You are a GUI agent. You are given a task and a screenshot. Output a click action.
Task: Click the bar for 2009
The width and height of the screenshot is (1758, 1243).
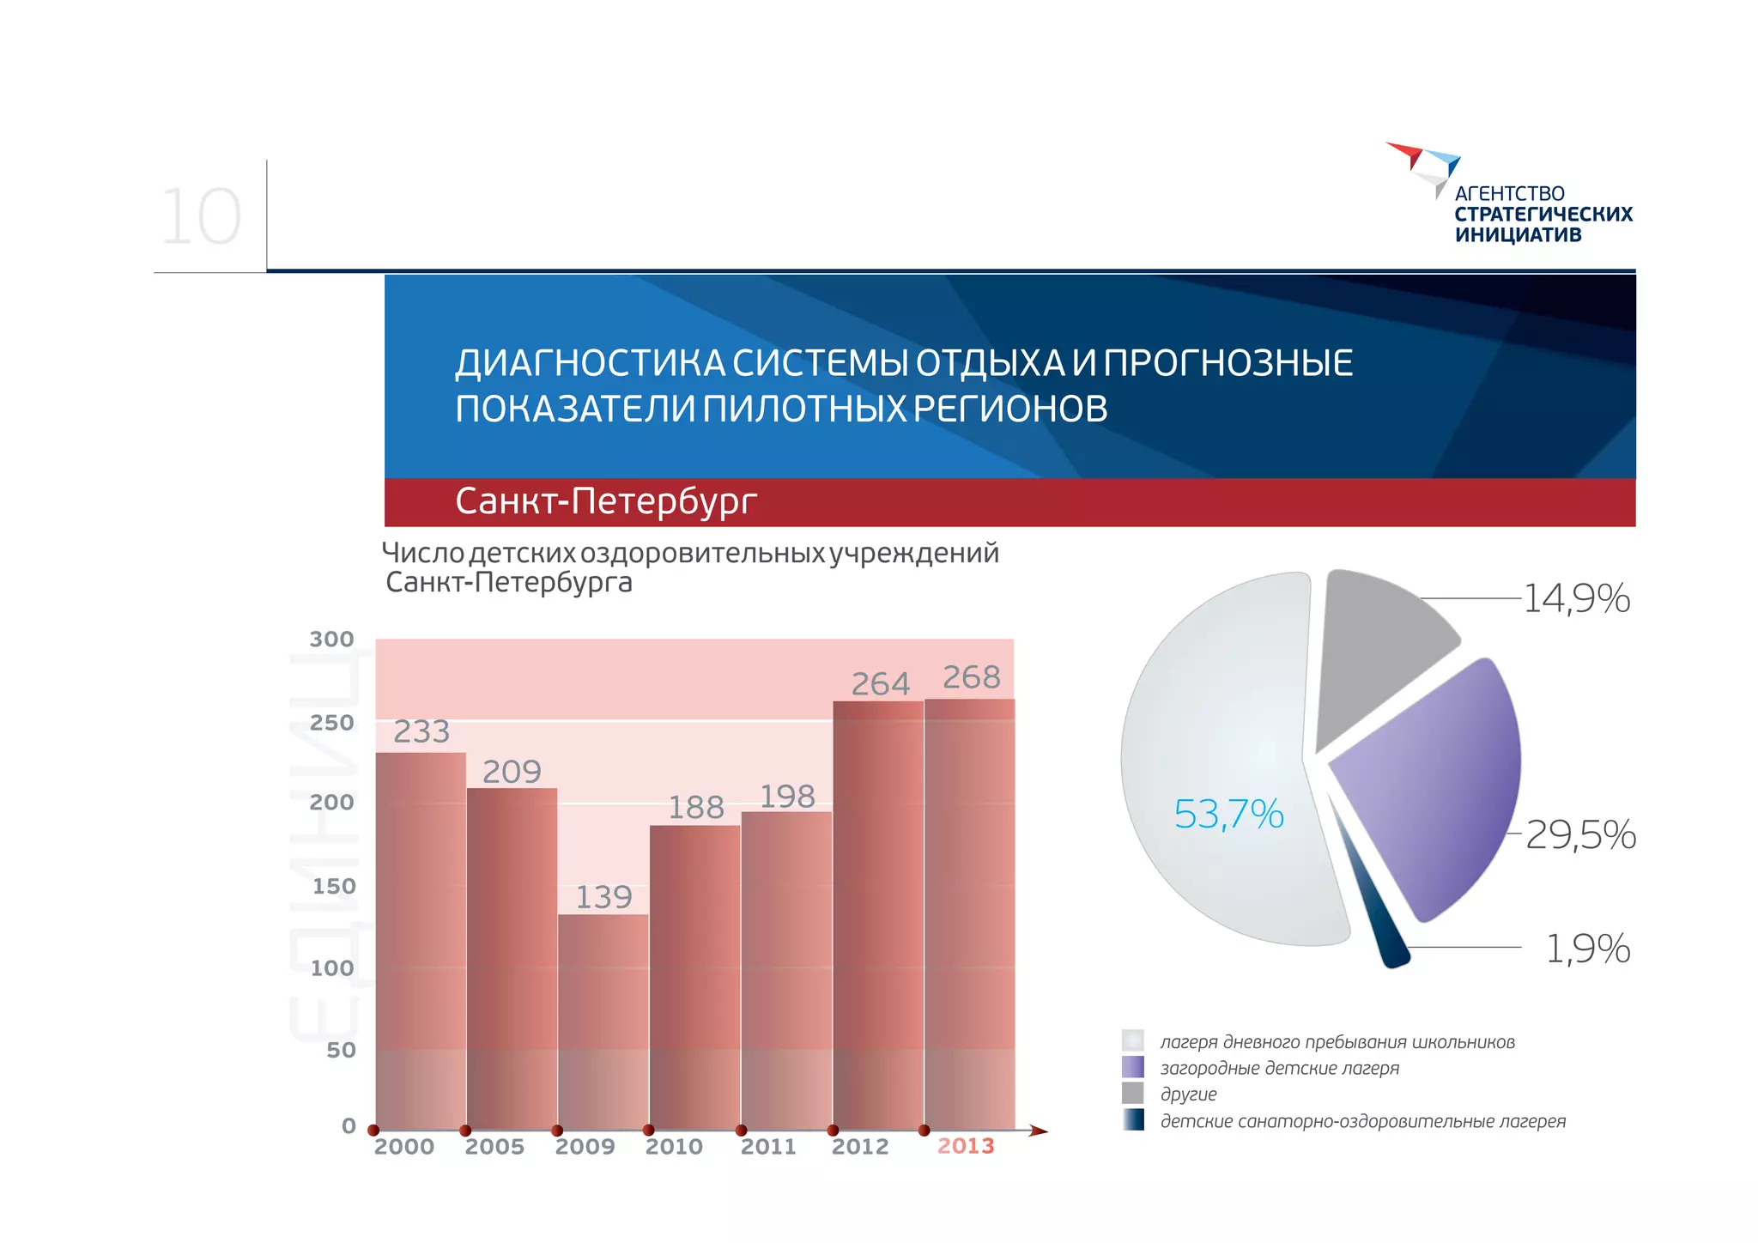tap(603, 1022)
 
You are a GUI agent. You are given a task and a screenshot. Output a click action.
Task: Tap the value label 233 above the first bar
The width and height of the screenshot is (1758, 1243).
tap(421, 732)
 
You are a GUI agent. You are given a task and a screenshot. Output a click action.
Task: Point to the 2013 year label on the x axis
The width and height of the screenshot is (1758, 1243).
tap(966, 1146)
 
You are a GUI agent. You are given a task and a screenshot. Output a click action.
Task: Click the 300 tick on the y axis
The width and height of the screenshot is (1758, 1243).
tap(332, 640)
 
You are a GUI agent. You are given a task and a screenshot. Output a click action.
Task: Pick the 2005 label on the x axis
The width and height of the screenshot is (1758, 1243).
tap(494, 1147)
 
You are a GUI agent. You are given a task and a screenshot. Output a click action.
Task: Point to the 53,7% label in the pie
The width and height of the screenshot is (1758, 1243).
tap(1228, 814)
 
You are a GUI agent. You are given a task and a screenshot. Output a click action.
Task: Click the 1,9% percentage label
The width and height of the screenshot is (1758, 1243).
tap(1587, 949)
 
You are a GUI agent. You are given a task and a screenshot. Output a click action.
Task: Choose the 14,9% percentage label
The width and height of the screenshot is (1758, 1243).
tap(1577, 598)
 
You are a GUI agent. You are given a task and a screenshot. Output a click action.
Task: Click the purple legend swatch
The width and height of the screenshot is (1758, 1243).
tap(1133, 1067)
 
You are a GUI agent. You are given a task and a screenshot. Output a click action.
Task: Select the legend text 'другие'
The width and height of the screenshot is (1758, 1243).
tap(1189, 1094)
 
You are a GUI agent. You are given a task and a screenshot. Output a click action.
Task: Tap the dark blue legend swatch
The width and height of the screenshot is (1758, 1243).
tap(1133, 1120)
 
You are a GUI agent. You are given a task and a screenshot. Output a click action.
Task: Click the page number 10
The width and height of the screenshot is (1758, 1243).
tap(201, 218)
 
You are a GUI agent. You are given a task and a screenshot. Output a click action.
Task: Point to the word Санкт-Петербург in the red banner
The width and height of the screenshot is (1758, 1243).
tap(606, 501)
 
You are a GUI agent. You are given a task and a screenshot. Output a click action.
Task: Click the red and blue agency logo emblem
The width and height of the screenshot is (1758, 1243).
tap(1425, 167)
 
